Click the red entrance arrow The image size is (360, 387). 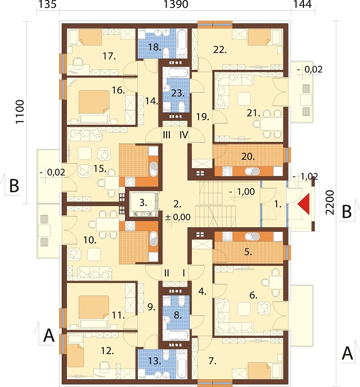pos(304,204)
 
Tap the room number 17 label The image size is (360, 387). pos(109,56)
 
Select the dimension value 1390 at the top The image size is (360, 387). pos(176,4)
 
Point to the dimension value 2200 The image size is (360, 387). pos(330,202)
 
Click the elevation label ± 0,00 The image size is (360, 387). pos(178,217)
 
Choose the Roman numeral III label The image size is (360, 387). pos(167,135)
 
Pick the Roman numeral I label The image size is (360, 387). pos(184,273)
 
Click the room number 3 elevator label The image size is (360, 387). pos(143,202)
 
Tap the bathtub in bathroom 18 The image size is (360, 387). pos(183,43)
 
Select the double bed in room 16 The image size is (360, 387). pos(94,106)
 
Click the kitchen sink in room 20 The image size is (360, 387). pos(252,171)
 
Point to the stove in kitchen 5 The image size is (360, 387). pos(227,236)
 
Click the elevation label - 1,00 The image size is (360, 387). pos(242,192)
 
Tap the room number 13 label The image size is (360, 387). pos(155,361)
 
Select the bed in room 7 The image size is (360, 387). pos(259,370)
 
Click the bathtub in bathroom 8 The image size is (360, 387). pos(176,335)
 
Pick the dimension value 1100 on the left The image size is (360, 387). pos(20,112)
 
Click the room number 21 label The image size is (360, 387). pos(254,113)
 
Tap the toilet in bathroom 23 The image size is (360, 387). pos(182,106)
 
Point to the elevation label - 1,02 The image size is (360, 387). pos(305,177)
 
